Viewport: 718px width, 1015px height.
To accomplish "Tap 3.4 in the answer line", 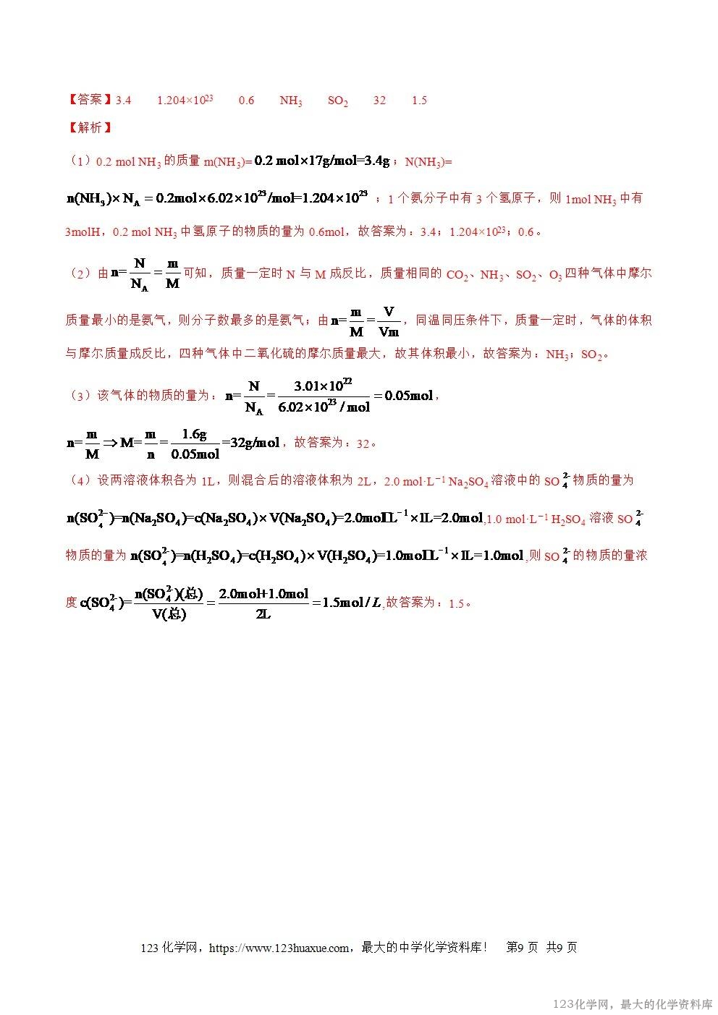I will click(123, 100).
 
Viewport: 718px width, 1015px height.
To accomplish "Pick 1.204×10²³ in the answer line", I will click(185, 100).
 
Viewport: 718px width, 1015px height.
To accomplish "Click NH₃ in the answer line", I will click(291, 101).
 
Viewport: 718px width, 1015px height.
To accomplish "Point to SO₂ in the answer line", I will click(338, 101).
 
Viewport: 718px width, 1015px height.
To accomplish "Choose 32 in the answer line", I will click(379, 100).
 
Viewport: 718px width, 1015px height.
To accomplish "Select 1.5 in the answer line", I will click(419, 100).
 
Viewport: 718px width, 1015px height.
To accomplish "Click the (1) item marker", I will click(79, 161).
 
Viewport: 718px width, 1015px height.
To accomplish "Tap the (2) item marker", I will click(79, 273).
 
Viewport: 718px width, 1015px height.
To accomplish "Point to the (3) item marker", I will click(79, 395).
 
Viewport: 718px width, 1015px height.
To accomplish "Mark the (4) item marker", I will click(79, 480).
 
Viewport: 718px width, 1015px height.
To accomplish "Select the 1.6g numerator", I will click(194, 434).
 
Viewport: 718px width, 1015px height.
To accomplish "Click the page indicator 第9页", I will click(522, 948).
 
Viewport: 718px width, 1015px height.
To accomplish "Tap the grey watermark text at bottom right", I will click(633, 1004).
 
